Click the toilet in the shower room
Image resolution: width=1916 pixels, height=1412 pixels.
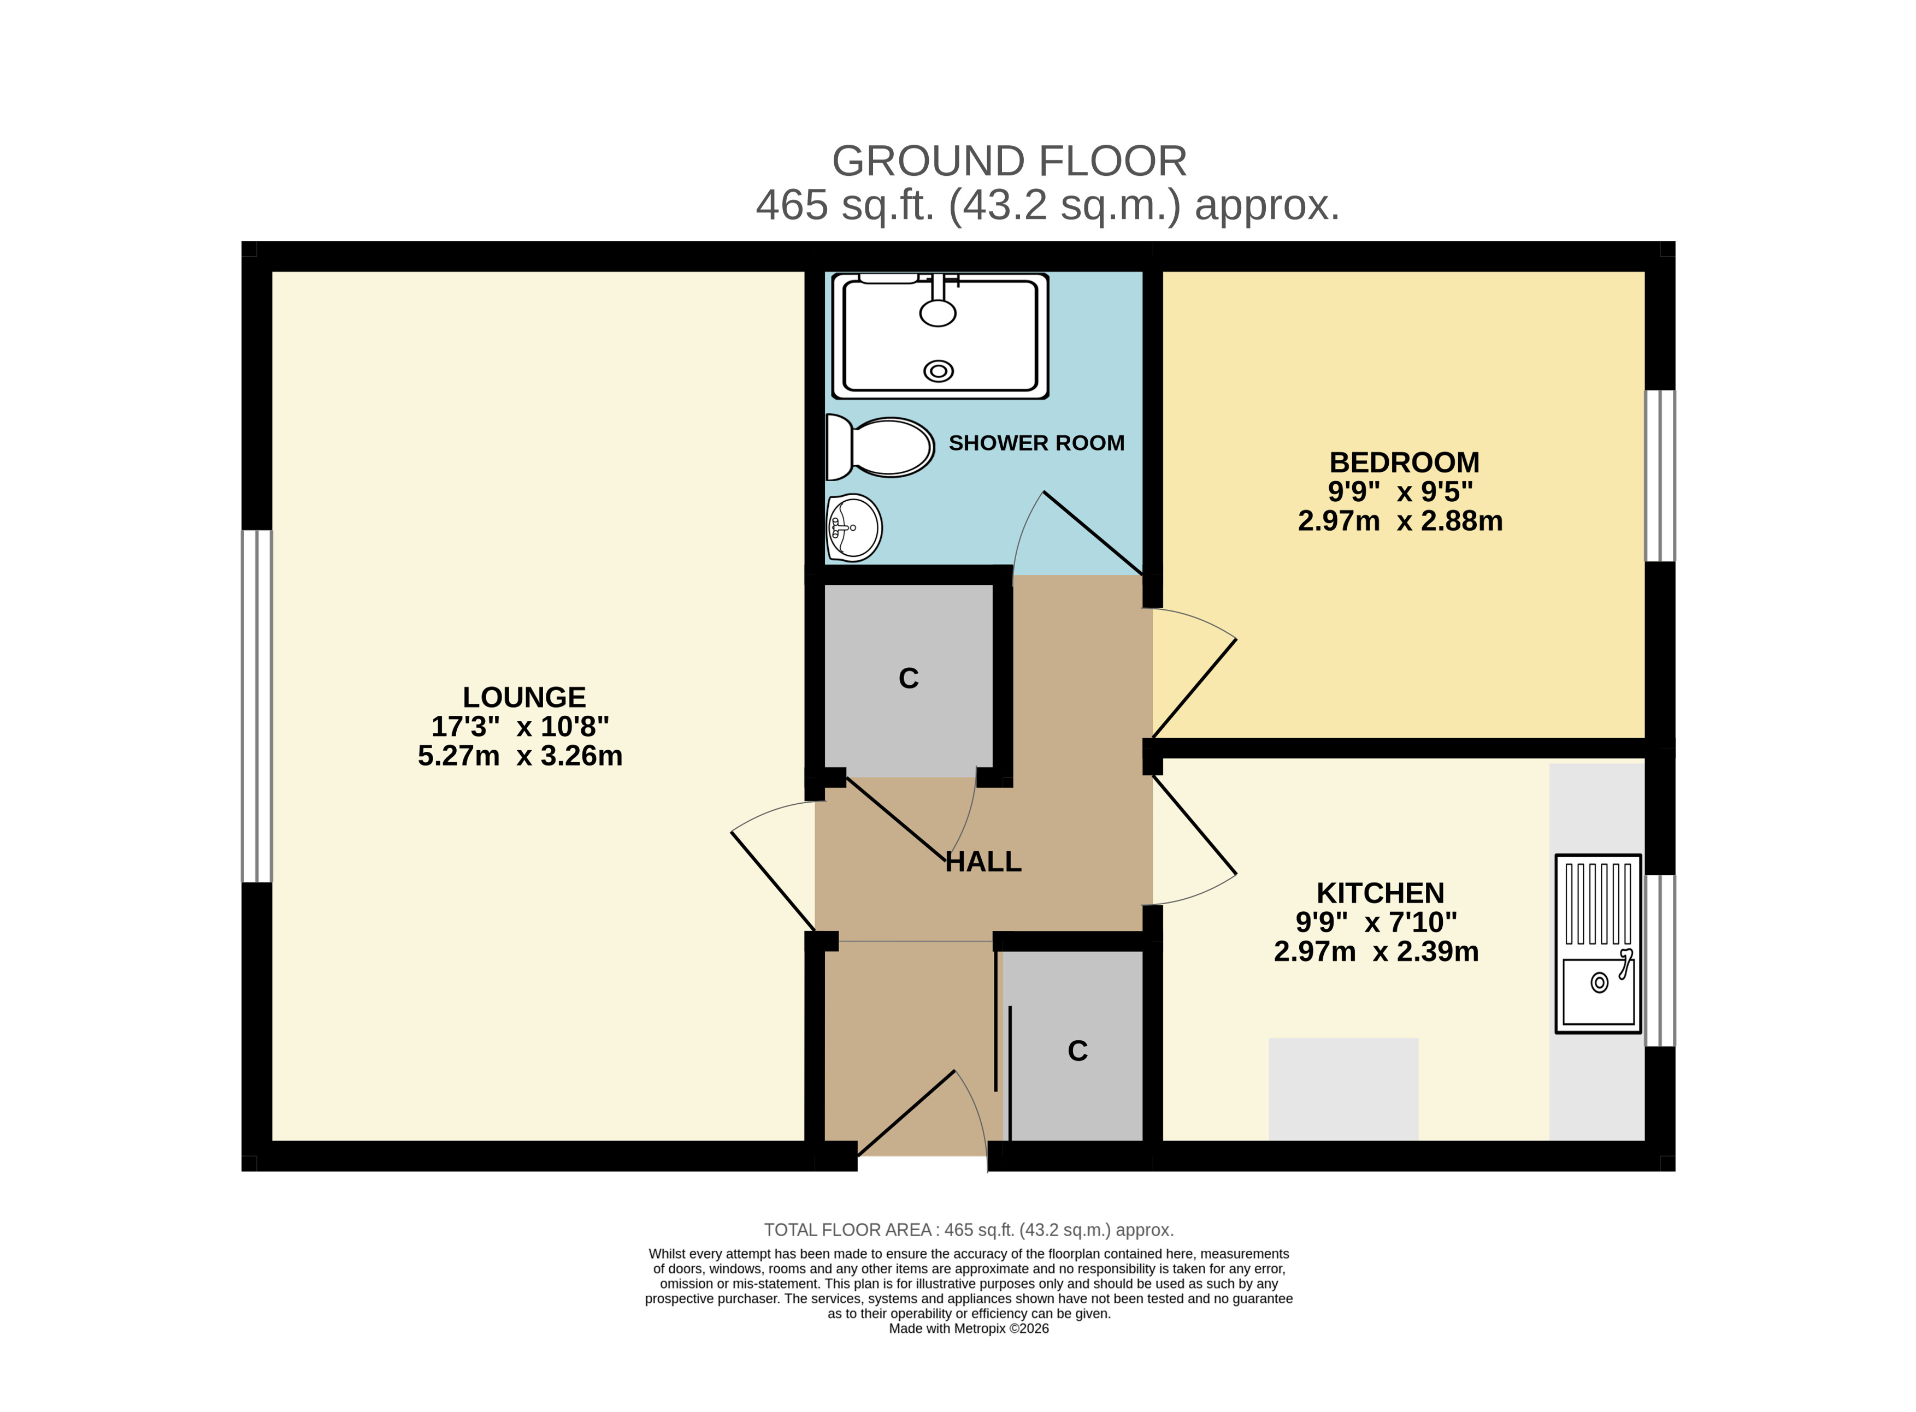point(879,447)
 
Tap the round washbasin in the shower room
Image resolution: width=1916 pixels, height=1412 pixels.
point(853,527)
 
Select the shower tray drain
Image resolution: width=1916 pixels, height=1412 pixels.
point(938,371)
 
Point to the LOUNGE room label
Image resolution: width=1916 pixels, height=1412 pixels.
point(524,697)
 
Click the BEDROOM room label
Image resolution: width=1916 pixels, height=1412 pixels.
point(1404,462)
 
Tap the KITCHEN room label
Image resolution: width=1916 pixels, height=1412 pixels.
point(1380,893)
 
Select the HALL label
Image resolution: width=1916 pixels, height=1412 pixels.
point(983,862)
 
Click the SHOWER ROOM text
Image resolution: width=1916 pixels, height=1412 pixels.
point(1036,443)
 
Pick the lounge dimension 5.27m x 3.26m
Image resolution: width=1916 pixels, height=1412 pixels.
point(520,756)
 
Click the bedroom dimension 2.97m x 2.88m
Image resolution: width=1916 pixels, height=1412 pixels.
point(1400,520)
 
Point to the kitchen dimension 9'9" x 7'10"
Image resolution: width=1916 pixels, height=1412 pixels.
point(1376,922)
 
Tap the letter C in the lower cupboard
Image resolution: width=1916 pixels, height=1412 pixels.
point(1077,1051)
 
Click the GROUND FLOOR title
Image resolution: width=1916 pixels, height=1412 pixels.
point(1009,161)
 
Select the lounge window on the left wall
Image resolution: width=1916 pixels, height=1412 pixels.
point(256,706)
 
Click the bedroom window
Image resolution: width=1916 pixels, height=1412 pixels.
point(1660,476)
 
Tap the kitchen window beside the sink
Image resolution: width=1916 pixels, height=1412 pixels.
point(1660,960)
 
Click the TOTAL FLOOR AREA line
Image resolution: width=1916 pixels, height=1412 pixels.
point(969,1230)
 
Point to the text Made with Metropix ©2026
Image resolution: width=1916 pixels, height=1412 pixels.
point(969,1329)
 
